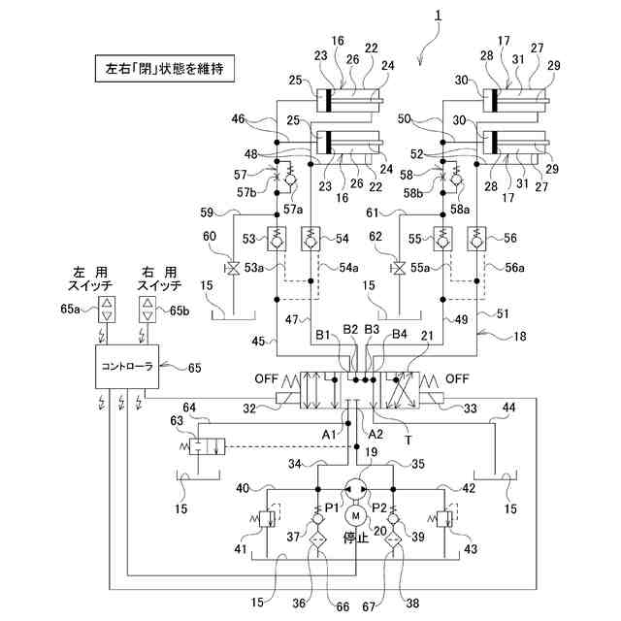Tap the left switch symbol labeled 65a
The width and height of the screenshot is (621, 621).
[x=107, y=310]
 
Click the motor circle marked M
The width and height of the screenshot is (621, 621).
[x=355, y=514]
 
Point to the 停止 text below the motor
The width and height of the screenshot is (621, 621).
[x=356, y=538]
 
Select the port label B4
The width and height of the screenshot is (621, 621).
[x=400, y=337]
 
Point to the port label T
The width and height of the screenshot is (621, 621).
[x=409, y=439]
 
